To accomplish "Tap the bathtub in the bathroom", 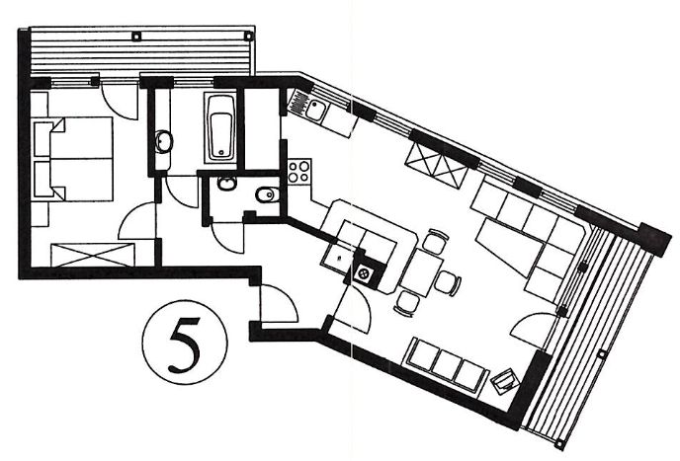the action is (x=220, y=128).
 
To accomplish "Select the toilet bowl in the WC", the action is (x=266, y=194).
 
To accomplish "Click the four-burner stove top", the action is (x=299, y=172).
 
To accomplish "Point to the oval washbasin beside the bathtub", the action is (x=164, y=141).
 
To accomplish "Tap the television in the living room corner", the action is (x=505, y=382).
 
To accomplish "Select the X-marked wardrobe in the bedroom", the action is (x=93, y=255).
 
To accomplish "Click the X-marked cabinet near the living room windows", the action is (x=436, y=165).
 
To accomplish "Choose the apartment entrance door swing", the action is (x=279, y=303).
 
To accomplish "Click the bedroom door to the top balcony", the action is (x=119, y=102).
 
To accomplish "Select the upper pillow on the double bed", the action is (x=44, y=138).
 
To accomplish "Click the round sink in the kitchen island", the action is (x=364, y=273).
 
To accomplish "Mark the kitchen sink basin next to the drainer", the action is (x=314, y=110).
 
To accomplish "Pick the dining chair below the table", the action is (x=407, y=302).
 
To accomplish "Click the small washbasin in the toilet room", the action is (x=226, y=185).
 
